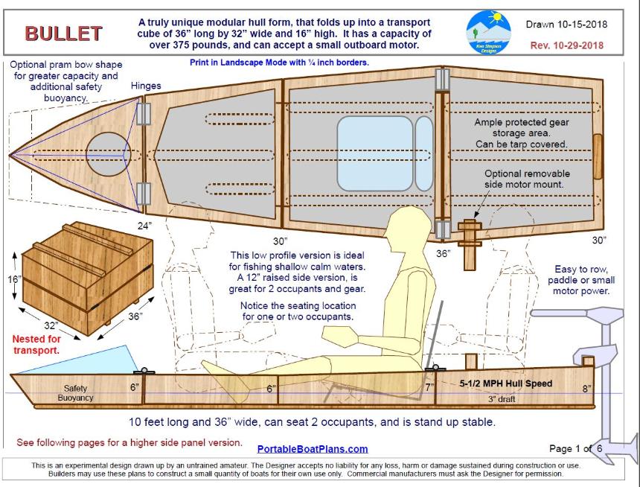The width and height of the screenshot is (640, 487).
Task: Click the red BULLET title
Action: (x=63, y=34)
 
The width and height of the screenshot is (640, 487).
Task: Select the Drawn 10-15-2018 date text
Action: (x=566, y=24)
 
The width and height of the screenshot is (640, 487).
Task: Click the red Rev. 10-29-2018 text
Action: (x=566, y=45)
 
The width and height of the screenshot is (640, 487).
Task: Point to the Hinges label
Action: (x=146, y=86)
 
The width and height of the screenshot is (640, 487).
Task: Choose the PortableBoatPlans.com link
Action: (x=313, y=448)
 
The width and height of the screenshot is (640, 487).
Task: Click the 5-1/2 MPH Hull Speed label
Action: (x=506, y=383)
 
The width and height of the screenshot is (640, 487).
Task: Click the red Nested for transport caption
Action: (x=39, y=344)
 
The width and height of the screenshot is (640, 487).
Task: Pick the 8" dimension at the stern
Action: (x=588, y=388)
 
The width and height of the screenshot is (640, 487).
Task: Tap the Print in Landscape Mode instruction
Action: (x=279, y=63)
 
